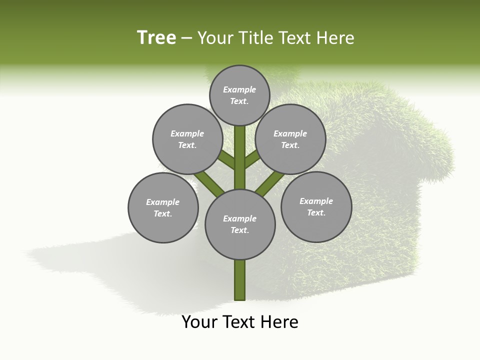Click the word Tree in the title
[x=156, y=38]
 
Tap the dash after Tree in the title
[x=186, y=38]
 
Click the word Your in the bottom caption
[x=200, y=322]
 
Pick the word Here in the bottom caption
[x=279, y=322]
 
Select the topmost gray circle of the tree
[x=239, y=95]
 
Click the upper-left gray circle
[x=187, y=139]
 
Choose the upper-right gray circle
[x=290, y=139]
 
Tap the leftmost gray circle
[x=163, y=207]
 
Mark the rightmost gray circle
[x=316, y=206]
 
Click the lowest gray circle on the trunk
[x=240, y=224]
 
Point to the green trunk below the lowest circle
[x=240, y=280]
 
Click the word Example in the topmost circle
[x=239, y=89]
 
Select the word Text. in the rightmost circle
[x=316, y=212]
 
